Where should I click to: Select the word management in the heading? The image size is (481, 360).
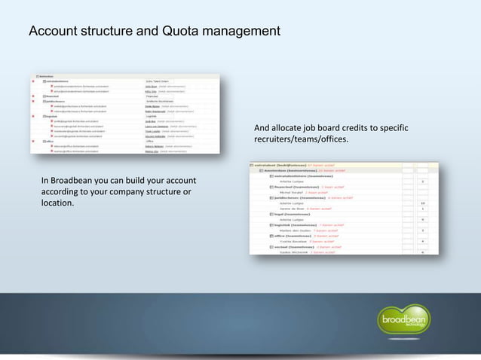point(243,32)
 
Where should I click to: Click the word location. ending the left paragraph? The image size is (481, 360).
point(57,203)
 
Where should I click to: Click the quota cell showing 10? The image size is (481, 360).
point(423,203)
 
